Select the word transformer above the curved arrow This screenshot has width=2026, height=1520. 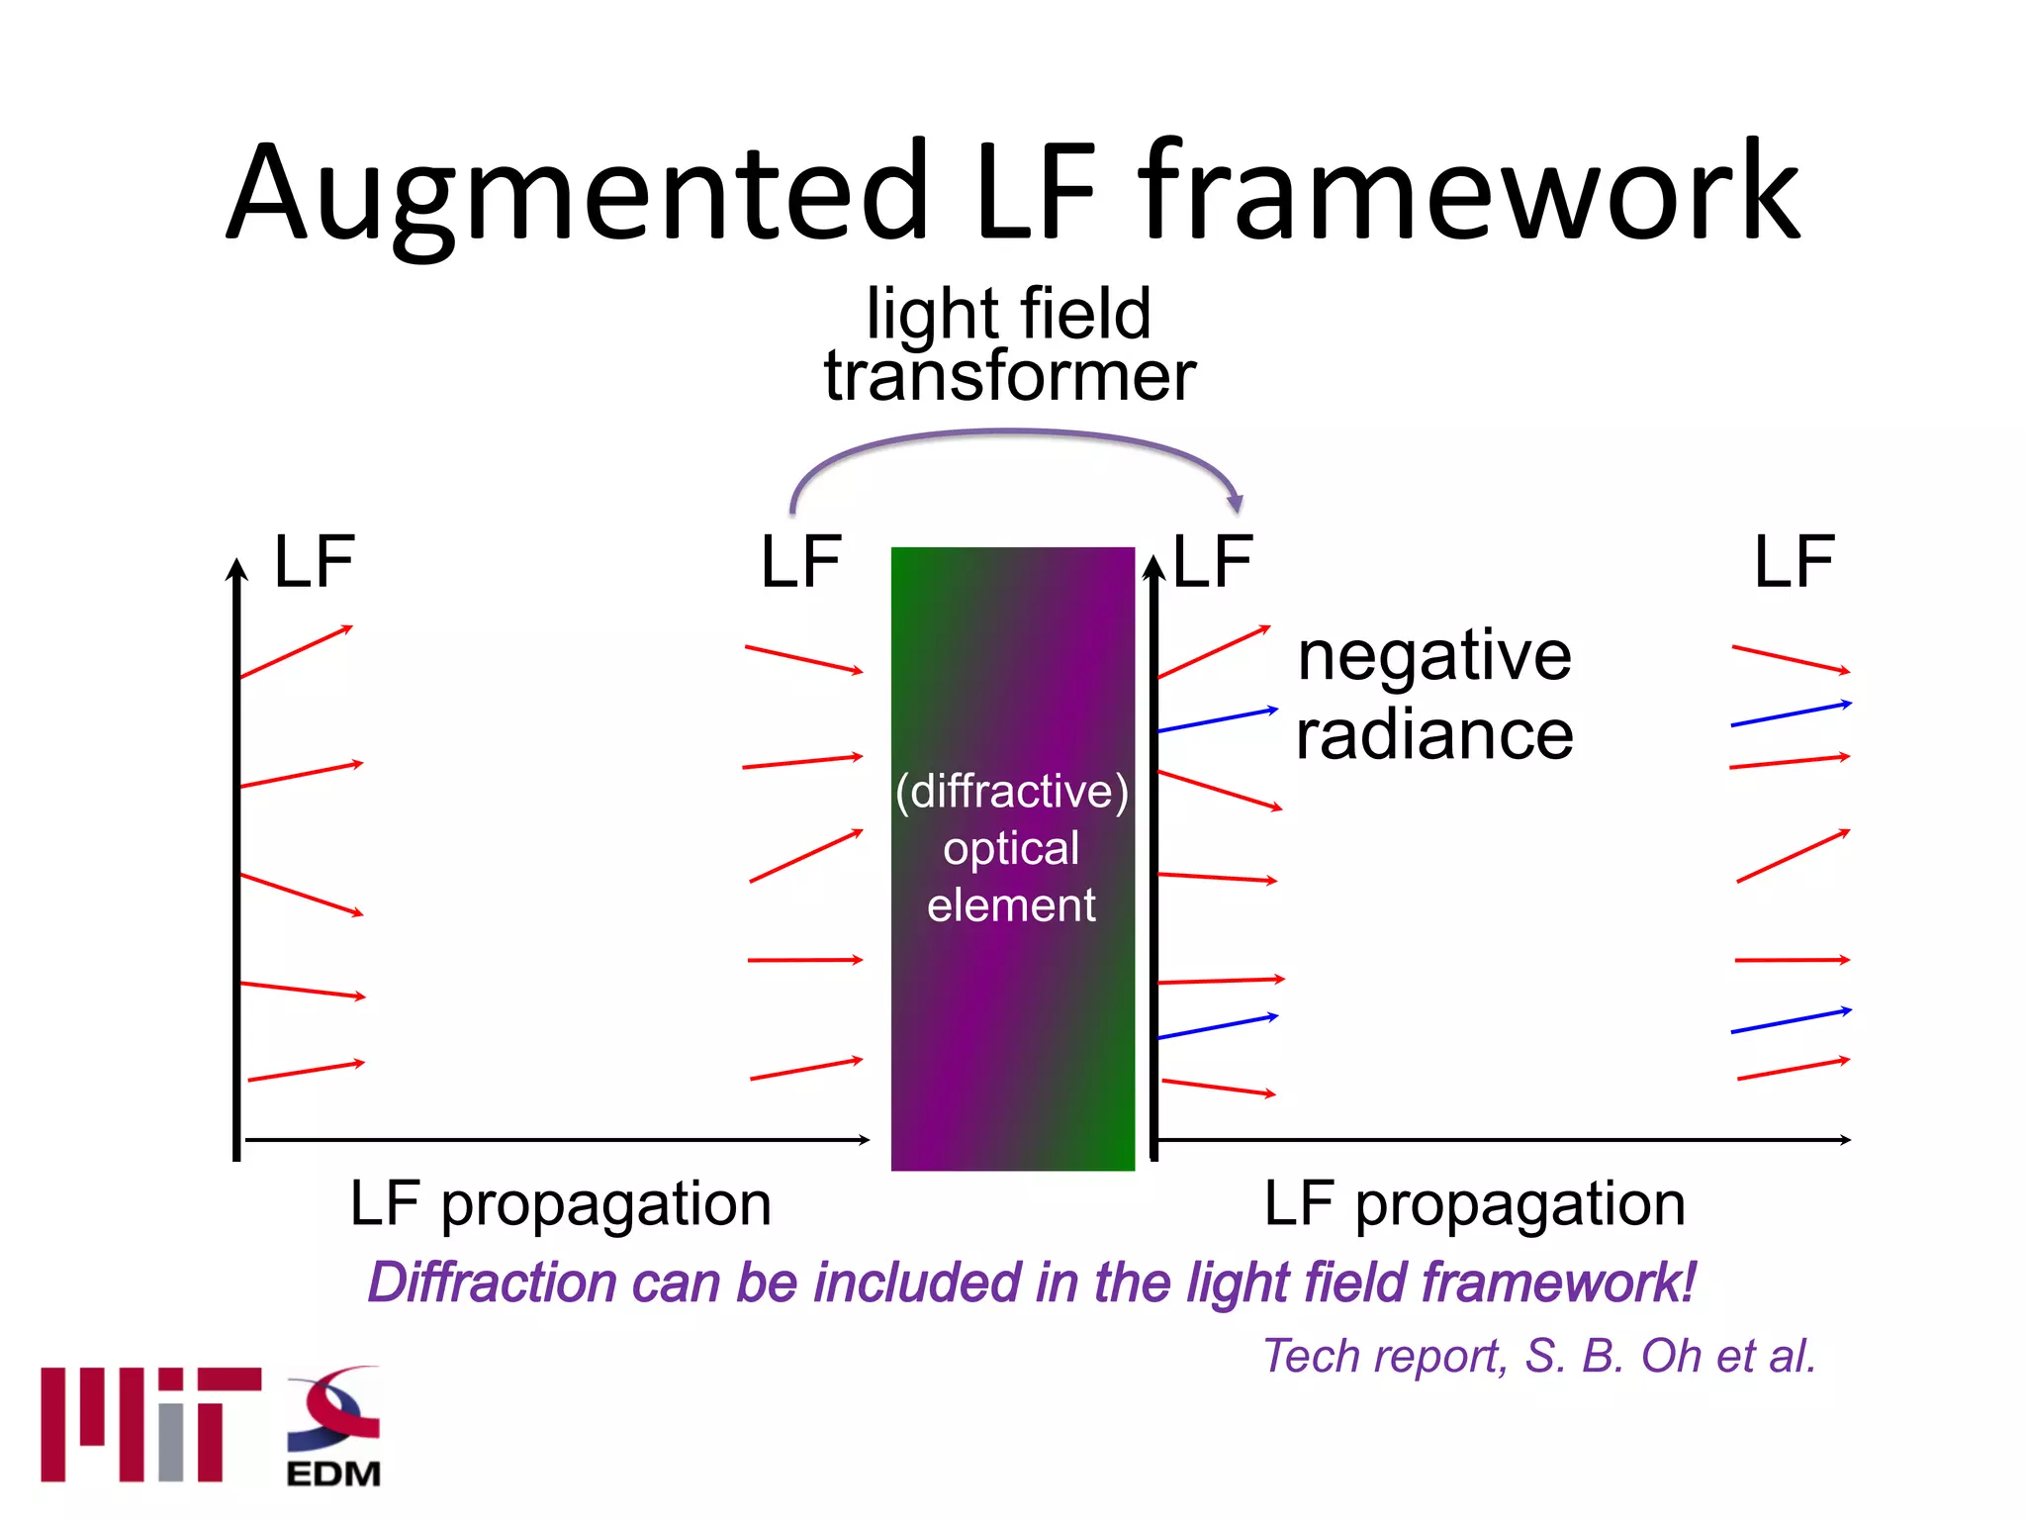coord(1010,377)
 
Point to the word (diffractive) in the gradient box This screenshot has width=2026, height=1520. coord(1011,792)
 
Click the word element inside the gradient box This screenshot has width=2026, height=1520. coord(1011,905)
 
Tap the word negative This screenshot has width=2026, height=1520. coord(1433,656)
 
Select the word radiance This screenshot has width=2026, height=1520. coord(1433,735)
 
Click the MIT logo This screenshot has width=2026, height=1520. coord(150,1424)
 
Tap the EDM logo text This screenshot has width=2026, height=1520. coord(333,1473)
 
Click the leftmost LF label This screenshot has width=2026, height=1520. coord(314,562)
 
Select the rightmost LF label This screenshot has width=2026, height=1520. coord(1794,562)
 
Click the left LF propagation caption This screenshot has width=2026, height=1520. coord(560,1204)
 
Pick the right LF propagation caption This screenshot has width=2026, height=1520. coord(1474,1204)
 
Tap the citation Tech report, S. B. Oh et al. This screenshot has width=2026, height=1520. coord(1539,1356)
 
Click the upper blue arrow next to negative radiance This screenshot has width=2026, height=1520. coord(1217,719)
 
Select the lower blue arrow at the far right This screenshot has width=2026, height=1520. coord(1791,1021)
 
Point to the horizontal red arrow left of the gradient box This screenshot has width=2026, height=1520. coord(804,960)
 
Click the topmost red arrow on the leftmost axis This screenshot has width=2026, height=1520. coord(296,652)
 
